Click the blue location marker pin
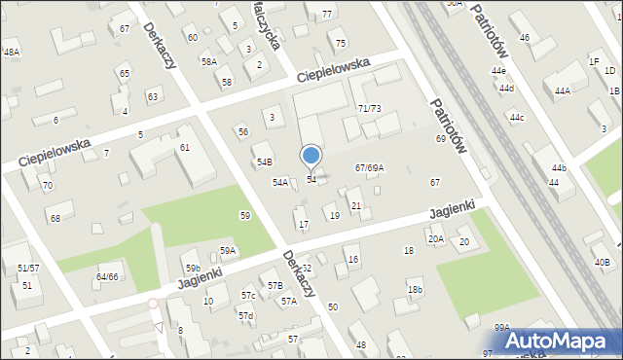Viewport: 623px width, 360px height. tap(311, 156)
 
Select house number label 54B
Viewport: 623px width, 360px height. tap(264, 162)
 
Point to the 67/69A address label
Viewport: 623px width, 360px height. tap(369, 168)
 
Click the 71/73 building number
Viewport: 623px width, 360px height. tap(369, 108)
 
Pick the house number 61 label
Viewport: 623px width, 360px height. tap(184, 147)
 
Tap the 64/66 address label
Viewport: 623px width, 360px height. tap(106, 276)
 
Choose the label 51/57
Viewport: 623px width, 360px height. tap(28, 268)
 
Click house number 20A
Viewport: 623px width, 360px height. tap(435, 238)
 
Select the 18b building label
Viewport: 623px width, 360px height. tap(416, 290)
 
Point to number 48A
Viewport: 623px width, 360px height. tap(11, 53)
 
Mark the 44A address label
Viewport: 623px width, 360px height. tap(562, 91)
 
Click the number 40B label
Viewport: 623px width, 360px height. tap(603, 263)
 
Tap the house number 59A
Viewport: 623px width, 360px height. tap(228, 250)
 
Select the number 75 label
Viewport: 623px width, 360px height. tap(341, 44)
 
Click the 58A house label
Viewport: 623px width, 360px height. tap(208, 61)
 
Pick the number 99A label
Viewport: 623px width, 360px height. tap(501, 328)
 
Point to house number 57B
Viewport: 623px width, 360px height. tap(275, 285)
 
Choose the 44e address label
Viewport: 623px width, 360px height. tap(498, 71)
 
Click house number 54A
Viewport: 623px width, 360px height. tap(279, 182)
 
